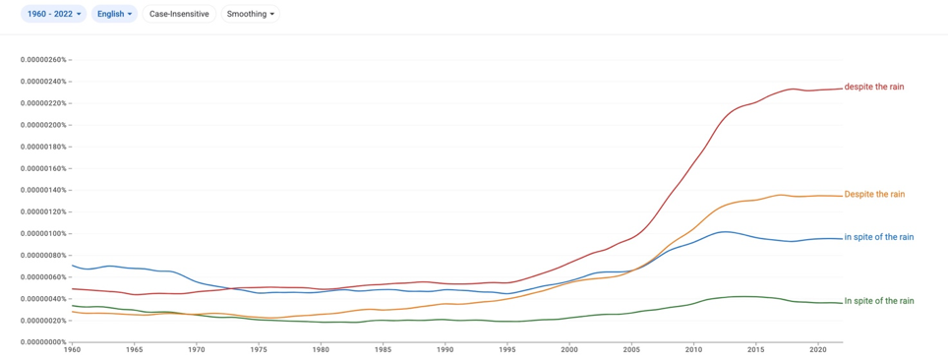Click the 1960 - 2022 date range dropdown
(54, 14)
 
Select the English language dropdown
(114, 14)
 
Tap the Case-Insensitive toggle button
(179, 14)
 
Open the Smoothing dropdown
(251, 14)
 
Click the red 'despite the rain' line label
(874, 88)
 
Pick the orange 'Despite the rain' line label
(874, 195)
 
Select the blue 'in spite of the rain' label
(878, 237)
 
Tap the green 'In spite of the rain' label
(878, 301)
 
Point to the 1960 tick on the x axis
(72, 350)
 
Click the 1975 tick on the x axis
(259, 350)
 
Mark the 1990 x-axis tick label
(444, 350)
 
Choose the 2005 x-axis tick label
(631, 350)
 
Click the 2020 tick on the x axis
(817, 350)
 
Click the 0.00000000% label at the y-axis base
(43, 342)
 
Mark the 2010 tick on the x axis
(693, 350)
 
